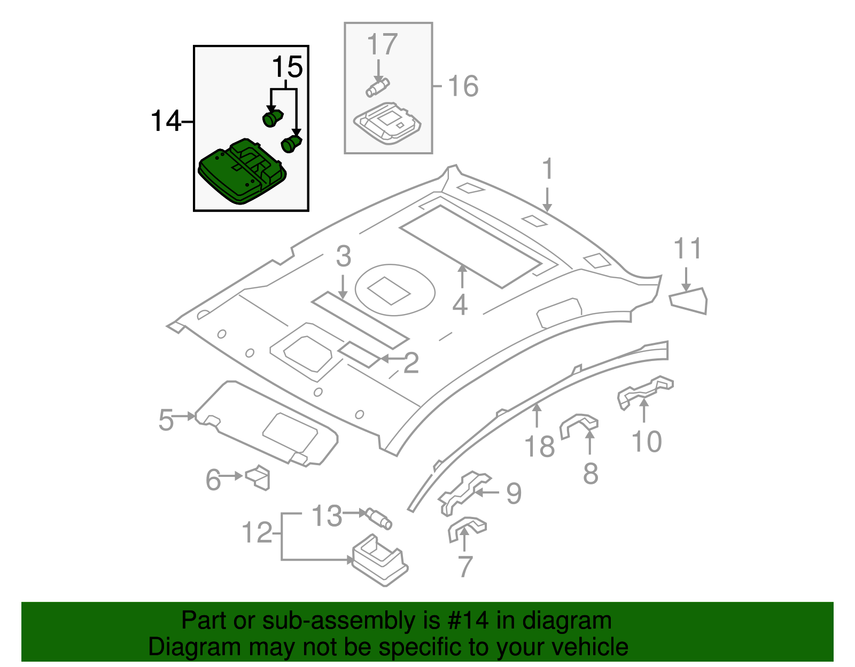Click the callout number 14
166,121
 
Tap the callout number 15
287,68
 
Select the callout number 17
382,44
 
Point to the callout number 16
463,87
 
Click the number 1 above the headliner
547,169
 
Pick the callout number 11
687,249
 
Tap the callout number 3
344,257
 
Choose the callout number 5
166,420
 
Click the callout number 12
257,532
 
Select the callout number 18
539,446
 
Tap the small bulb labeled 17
377,87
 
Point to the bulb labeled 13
379,518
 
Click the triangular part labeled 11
689,301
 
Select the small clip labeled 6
259,477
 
